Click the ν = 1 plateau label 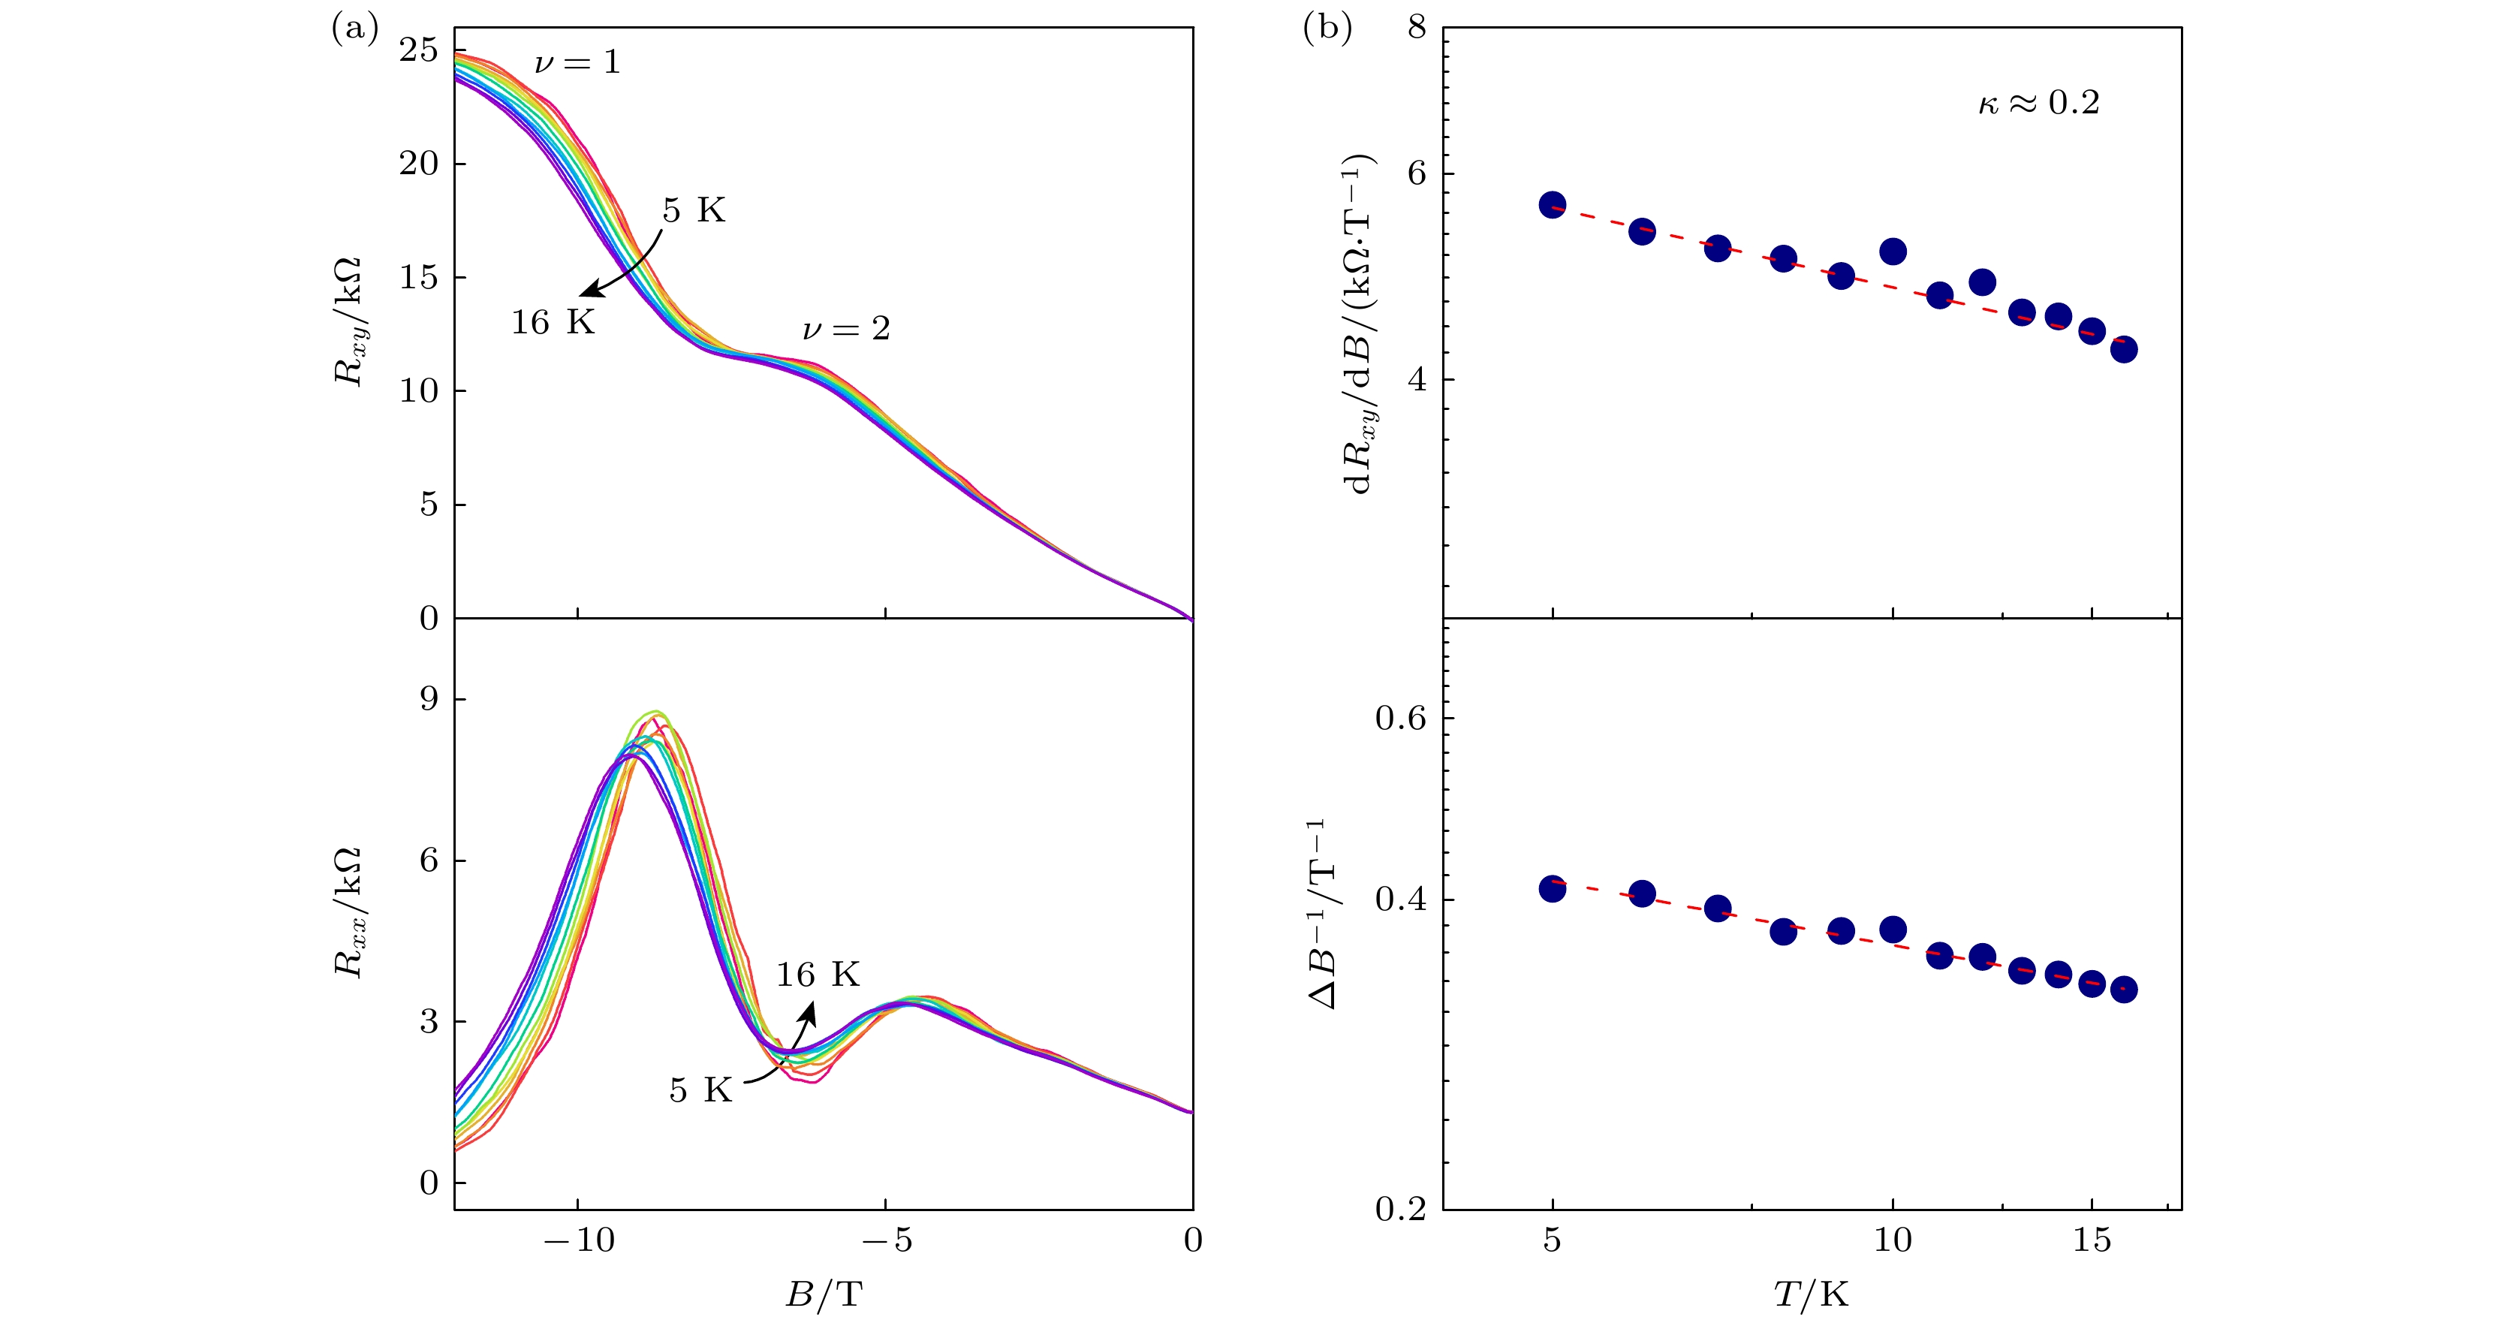pyautogui.click(x=577, y=63)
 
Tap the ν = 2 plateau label pyautogui.click(x=845, y=330)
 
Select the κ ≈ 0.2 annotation pyautogui.click(x=2038, y=102)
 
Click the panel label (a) pyautogui.click(x=354, y=29)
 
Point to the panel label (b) pyautogui.click(x=1327, y=29)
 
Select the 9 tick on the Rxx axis pyautogui.click(x=429, y=699)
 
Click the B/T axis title pyautogui.click(x=824, y=1294)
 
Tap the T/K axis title pyautogui.click(x=1811, y=1294)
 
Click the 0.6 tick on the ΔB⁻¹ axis pyautogui.click(x=1399, y=719)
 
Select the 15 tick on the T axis pyautogui.click(x=2092, y=1241)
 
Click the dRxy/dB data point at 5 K pyautogui.click(x=1553, y=205)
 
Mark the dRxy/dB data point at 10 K pyautogui.click(x=1893, y=252)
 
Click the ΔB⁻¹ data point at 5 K pyautogui.click(x=1553, y=889)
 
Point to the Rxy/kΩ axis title pyautogui.click(x=348, y=321)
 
